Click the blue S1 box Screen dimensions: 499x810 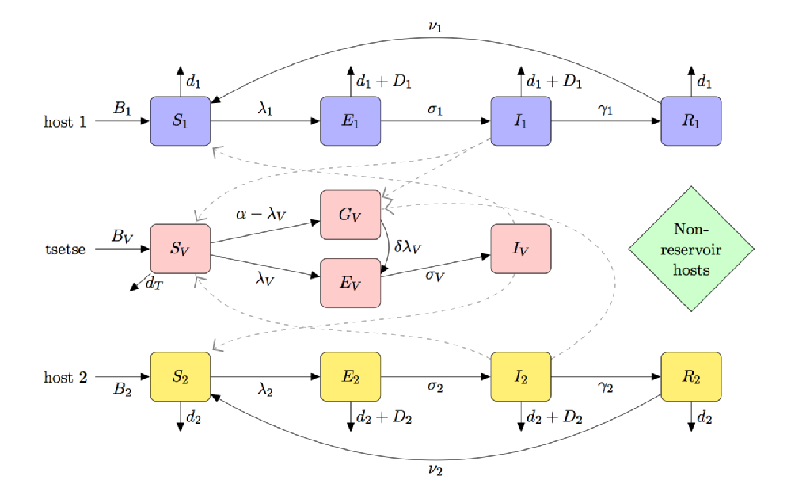click(181, 121)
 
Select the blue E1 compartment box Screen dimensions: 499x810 click(351, 121)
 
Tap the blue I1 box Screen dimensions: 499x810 click(521, 121)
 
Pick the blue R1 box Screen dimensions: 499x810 click(691, 121)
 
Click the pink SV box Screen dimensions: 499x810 click(181, 248)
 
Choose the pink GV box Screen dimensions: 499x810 click(351, 215)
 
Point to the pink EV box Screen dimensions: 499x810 click(351, 282)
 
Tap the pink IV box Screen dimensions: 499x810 click(521, 248)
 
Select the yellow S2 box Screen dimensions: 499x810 click(181, 376)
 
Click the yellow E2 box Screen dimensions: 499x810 click(351, 376)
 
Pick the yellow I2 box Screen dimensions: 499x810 click(521, 376)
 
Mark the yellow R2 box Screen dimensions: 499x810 click(691, 376)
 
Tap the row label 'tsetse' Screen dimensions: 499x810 click(63, 249)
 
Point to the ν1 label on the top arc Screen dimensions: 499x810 click(435, 29)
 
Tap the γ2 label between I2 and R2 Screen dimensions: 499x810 click(606, 387)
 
